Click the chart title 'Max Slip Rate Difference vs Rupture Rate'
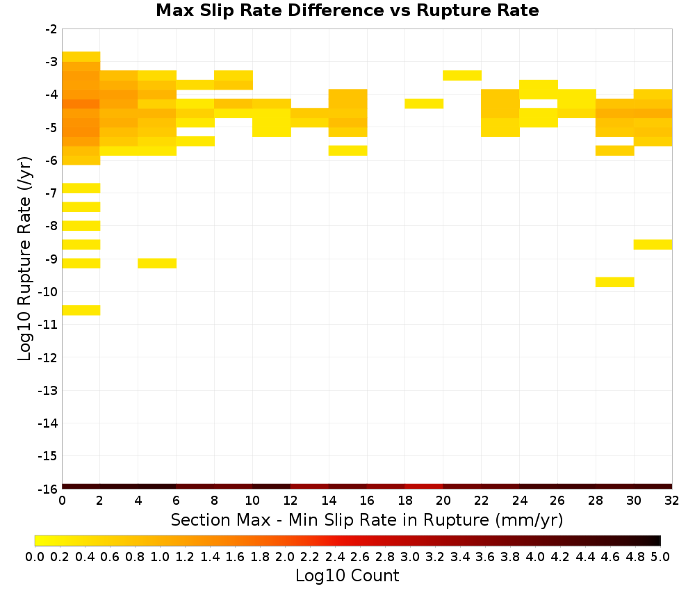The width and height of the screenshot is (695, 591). pyautogui.click(x=347, y=10)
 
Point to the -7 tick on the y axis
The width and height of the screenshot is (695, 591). pyautogui.click(x=51, y=193)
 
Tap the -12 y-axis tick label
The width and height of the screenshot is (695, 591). pyautogui.click(x=48, y=357)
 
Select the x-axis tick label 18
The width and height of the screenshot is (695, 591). pyautogui.click(x=405, y=501)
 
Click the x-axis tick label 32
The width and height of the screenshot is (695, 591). pyautogui.click(x=672, y=501)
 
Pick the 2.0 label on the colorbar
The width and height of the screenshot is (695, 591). pyautogui.click(x=284, y=556)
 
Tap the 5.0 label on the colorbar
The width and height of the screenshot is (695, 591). pyautogui.click(x=660, y=556)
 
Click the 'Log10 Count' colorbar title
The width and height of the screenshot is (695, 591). pyautogui.click(x=347, y=576)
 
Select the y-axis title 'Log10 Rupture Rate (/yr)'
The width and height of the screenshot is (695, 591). pyautogui.click(x=25, y=259)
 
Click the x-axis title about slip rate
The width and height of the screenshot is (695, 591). pyautogui.click(x=366, y=520)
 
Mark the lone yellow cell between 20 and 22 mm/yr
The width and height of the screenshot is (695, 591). pyautogui.click(x=462, y=75)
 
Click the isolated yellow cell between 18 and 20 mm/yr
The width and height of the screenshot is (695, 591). pyautogui.click(x=424, y=104)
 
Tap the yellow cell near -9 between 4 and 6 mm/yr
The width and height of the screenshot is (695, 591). pyautogui.click(x=157, y=264)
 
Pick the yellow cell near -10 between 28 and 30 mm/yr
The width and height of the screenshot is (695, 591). pyautogui.click(x=615, y=282)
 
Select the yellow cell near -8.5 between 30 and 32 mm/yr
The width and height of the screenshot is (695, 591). pyautogui.click(x=653, y=244)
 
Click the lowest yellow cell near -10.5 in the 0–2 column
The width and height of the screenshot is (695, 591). pyautogui.click(x=81, y=310)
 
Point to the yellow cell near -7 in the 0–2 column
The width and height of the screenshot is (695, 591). pyautogui.click(x=81, y=188)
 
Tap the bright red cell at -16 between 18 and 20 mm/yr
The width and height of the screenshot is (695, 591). pyautogui.click(x=424, y=487)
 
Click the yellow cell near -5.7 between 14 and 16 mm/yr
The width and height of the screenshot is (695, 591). pyautogui.click(x=348, y=151)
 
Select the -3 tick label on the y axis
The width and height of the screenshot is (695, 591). pyautogui.click(x=51, y=62)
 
